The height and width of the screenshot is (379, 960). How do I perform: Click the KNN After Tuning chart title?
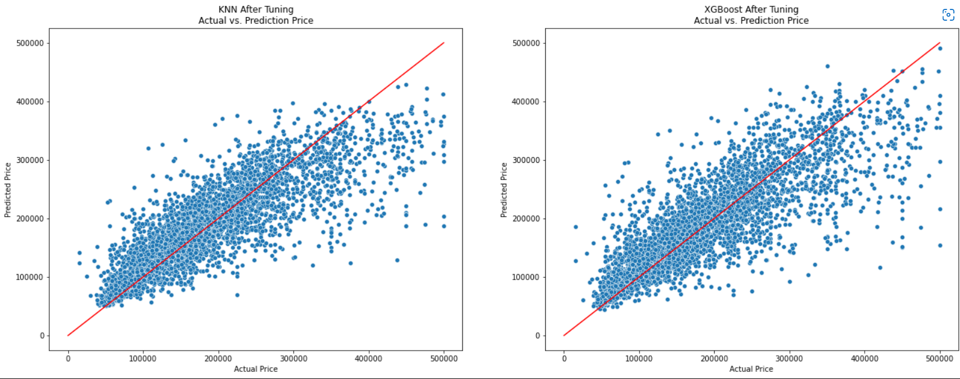(x=256, y=9)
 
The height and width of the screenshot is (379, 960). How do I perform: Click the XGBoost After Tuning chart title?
(x=751, y=9)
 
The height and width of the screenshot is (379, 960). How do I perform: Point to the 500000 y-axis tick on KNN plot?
(x=30, y=43)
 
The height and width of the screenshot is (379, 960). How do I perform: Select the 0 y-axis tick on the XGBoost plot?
(x=537, y=336)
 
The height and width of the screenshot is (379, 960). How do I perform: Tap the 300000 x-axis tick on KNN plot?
(x=293, y=358)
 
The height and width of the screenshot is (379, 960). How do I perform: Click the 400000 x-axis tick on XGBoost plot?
(x=865, y=358)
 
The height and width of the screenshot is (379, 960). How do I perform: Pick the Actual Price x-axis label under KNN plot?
(x=256, y=369)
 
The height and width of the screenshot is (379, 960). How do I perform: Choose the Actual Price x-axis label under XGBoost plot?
(x=751, y=369)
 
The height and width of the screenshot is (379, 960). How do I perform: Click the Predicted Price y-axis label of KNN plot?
(x=8, y=190)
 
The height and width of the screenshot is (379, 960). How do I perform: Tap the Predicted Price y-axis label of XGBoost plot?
(x=504, y=190)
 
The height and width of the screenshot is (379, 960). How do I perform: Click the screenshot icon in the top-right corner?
(x=948, y=15)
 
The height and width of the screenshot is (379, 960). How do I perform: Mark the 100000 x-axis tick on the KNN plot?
(x=143, y=358)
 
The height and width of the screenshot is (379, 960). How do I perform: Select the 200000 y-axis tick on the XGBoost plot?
(x=526, y=219)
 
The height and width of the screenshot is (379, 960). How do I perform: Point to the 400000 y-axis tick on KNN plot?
(x=30, y=102)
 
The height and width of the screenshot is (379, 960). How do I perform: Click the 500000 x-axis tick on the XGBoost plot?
(x=940, y=358)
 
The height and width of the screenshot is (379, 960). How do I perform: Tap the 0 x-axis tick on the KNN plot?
(x=68, y=358)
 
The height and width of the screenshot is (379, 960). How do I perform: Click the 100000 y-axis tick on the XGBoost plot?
(x=526, y=277)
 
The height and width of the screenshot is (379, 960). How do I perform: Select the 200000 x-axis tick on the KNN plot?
(x=218, y=358)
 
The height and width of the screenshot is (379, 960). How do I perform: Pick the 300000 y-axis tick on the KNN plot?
(x=30, y=160)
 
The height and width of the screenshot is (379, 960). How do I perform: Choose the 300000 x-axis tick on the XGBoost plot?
(x=789, y=358)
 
